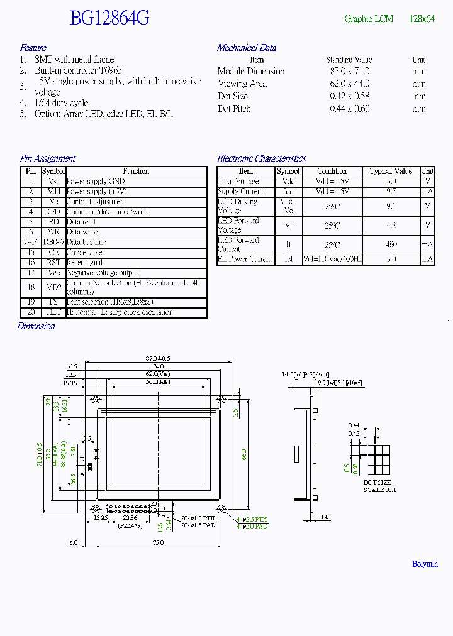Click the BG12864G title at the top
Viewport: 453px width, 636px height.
(x=109, y=18)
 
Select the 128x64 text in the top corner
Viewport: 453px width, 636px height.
(x=422, y=19)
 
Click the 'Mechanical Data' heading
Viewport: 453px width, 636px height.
(x=247, y=48)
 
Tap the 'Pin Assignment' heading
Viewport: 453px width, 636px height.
(x=48, y=159)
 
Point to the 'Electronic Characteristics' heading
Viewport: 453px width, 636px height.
(x=262, y=159)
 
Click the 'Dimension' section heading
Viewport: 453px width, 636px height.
(x=36, y=326)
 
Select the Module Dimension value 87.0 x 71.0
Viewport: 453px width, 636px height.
(x=350, y=72)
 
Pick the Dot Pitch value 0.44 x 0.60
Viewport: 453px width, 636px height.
(x=350, y=109)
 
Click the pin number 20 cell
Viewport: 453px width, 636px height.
(x=30, y=312)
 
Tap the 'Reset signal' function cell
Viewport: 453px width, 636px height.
(x=84, y=262)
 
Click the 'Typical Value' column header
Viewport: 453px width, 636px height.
(x=391, y=171)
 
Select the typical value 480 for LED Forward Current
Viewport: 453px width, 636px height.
(x=391, y=244)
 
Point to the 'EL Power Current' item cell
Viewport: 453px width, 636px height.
(x=245, y=259)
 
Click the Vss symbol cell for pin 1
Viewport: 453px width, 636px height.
(x=53, y=181)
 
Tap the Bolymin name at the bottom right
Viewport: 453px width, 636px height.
(x=425, y=564)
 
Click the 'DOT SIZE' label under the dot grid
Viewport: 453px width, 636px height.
(x=377, y=483)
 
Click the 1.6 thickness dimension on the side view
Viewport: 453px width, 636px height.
(x=324, y=517)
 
